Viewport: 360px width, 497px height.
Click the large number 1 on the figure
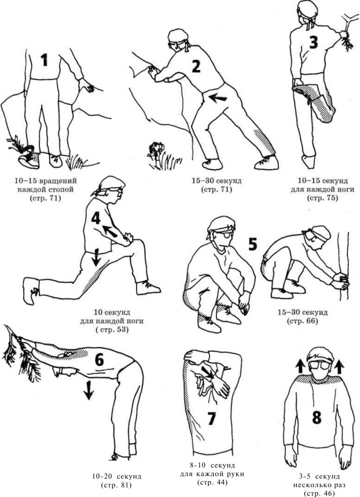pyautogui.click(x=45, y=60)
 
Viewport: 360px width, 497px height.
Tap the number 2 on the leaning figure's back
pyautogui.click(x=196, y=66)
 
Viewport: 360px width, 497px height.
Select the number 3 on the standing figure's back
pyautogui.click(x=313, y=42)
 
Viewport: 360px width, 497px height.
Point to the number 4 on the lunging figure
pyautogui.click(x=95, y=218)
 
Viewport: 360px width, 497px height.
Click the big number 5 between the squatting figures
pyautogui.click(x=252, y=244)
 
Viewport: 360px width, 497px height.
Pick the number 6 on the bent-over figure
pyautogui.click(x=100, y=359)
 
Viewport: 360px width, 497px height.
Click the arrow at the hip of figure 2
pyautogui.click(x=218, y=98)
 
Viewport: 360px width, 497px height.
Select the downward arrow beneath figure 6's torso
pyautogui.click(x=89, y=390)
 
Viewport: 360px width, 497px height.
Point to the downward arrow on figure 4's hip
pyautogui.click(x=96, y=257)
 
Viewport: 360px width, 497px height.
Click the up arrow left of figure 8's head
pyautogui.click(x=299, y=367)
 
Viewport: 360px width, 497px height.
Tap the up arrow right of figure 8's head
pyautogui.click(x=339, y=367)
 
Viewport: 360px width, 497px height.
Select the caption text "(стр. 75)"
pyautogui.click(x=322, y=198)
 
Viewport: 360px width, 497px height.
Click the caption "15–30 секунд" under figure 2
pyautogui.click(x=216, y=181)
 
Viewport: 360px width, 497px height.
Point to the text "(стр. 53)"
pyautogui.click(x=111, y=329)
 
